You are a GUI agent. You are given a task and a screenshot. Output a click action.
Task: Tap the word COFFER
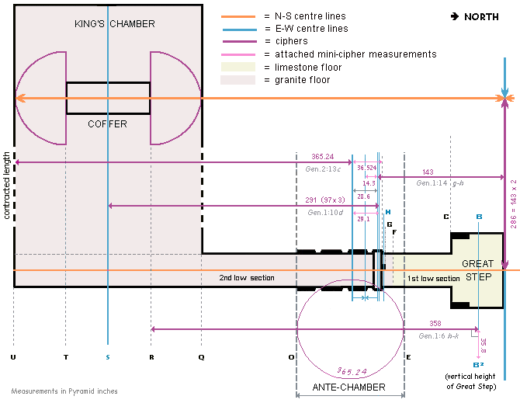(x=107, y=124)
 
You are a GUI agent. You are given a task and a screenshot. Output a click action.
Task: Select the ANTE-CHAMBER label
(x=349, y=387)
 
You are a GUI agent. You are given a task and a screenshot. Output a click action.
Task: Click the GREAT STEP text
(x=477, y=269)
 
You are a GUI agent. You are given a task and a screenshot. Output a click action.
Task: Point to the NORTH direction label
(x=475, y=16)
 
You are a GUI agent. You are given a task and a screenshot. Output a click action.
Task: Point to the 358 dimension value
(x=435, y=323)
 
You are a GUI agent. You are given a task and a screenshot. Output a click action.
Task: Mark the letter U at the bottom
(x=13, y=357)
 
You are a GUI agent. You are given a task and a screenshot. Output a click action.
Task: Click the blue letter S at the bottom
(x=108, y=357)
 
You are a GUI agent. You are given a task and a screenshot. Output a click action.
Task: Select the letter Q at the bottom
(x=202, y=357)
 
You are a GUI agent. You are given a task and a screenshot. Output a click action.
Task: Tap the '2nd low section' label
(x=246, y=278)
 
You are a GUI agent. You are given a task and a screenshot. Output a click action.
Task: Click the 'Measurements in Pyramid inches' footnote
(x=64, y=391)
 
